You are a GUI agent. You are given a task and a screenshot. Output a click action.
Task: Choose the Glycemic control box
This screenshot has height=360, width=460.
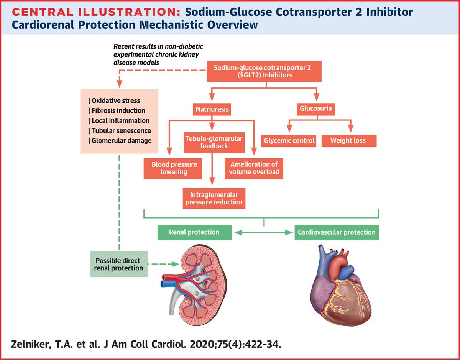click(x=289, y=141)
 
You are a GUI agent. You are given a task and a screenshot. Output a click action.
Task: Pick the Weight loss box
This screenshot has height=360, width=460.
click(x=348, y=141)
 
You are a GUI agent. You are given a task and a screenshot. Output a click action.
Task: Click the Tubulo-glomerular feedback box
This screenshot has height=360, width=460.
click(x=214, y=142)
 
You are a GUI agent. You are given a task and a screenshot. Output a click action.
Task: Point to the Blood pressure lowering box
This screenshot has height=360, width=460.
click(x=173, y=168)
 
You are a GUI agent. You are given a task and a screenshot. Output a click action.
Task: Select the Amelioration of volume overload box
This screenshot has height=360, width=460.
click(x=254, y=168)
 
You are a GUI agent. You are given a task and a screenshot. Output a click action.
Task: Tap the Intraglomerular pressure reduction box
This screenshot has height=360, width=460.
click(x=214, y=198)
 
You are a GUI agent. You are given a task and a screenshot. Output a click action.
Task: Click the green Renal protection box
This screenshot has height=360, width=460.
click(x=194, y=232)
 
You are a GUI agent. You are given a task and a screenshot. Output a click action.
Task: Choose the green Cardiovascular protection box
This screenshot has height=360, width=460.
click(x=336, y=232)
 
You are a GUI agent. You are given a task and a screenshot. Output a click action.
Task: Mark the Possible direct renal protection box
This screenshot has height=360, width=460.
click(x=118, y=264)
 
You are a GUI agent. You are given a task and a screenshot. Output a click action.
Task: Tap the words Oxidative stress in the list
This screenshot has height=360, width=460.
click(x=116, y=101)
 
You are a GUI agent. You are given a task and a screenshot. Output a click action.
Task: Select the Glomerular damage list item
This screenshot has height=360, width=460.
click(x=122, y=141)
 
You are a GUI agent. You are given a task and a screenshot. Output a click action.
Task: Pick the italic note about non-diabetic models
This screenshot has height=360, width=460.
click(x=158, y=54)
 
